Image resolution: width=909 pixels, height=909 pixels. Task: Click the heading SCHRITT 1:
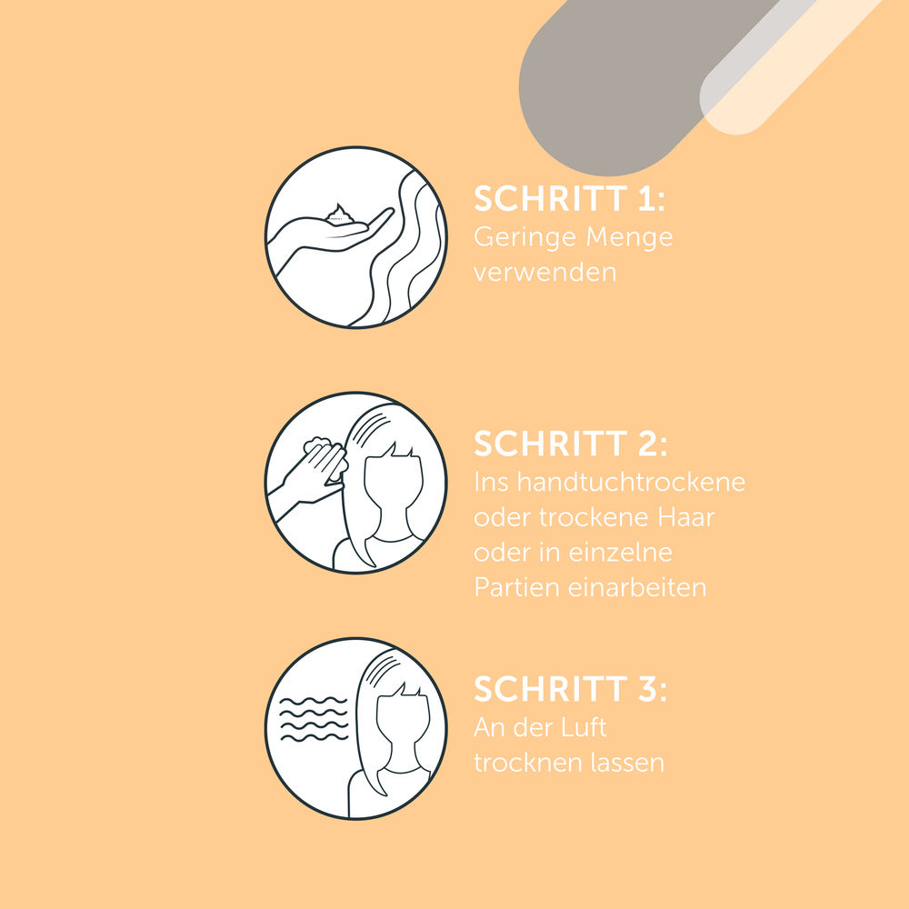click(569, 199)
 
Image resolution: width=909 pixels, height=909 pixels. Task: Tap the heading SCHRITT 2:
click(571, 445)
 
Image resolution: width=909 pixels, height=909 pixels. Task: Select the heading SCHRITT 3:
click(571, 689)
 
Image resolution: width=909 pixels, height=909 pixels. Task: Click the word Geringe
click(524, 238)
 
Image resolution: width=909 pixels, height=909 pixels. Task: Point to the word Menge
click(630, 238)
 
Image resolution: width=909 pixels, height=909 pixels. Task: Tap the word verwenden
click(544, 272)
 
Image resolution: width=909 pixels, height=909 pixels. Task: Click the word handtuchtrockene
click(631, 482)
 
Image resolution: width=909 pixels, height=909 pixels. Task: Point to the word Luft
click(583, 727)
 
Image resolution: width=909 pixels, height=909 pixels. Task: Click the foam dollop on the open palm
click(340, 215)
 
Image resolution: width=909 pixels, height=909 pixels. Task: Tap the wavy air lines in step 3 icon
click(314, 719)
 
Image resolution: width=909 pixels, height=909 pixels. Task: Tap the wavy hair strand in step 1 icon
click(405, 249)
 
